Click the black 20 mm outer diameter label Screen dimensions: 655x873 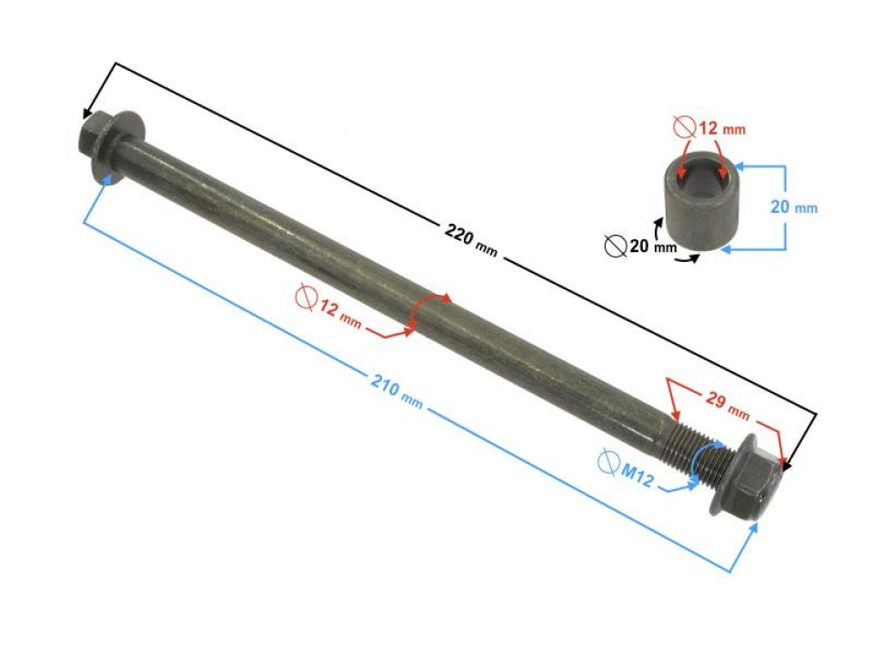pos(652,246)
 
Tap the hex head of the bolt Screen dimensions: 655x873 pos(93,136)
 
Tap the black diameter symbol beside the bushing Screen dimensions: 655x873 pos(615,246)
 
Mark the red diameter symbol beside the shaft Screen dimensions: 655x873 pos(306,297)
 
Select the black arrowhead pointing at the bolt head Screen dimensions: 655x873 pos(88,115)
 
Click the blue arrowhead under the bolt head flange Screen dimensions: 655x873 pos(109,177)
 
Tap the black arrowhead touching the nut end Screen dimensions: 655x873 pos(788,464)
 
